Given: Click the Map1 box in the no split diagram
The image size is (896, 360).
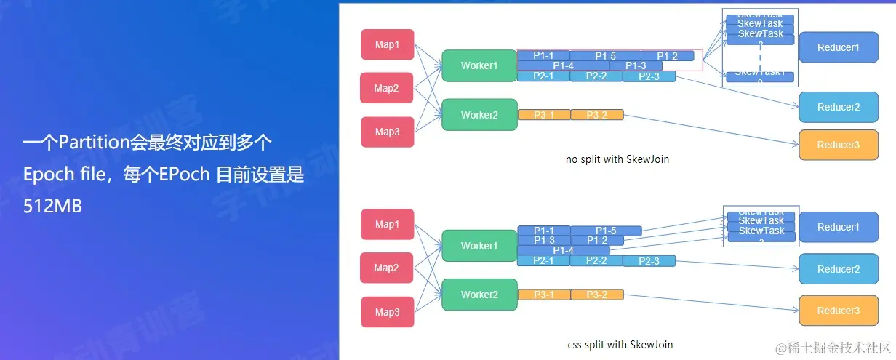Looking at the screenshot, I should click(387, 44).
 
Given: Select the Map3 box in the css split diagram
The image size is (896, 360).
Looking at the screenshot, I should click(387, 312).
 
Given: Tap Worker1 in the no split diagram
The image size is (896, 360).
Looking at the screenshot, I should click(479, 65).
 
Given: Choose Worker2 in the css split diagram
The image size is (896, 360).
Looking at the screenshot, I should click(479, 295).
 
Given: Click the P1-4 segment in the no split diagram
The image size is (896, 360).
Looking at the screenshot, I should click(563, 66).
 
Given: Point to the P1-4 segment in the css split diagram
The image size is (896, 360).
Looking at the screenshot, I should click(563, 250).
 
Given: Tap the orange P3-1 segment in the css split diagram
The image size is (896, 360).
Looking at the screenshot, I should click(543, 295).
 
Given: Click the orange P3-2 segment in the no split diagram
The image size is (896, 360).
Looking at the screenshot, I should click(596, 115).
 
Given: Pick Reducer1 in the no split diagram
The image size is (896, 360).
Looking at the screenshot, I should click(838, 47).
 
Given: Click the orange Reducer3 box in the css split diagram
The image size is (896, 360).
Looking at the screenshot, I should click(838, 311).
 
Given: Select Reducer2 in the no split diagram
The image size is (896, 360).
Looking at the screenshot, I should click(838, 107).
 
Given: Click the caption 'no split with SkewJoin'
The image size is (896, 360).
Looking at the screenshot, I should click(617, 159).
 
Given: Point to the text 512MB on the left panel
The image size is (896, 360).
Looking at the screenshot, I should click(52, 206).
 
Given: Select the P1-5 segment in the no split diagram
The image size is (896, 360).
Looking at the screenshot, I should click(605, 56).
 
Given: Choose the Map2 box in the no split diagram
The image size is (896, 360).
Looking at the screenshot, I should click(386, 88).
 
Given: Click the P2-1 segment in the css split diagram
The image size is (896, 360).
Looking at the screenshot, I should click(543, 260).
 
